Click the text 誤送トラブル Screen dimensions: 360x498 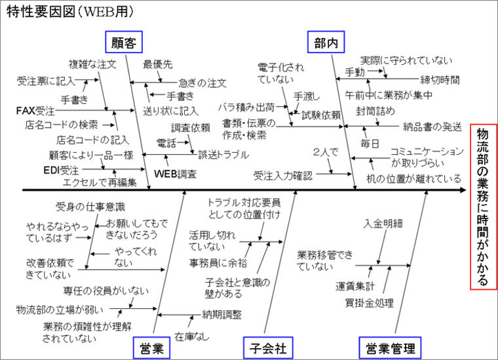(223, 155)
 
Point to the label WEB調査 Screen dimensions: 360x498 (175, 174)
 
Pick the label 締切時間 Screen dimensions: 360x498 (440, 79)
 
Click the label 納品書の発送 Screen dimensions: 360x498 (432, 126)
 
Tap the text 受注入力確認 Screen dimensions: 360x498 (283, 175)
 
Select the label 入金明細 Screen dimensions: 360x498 (383, 224)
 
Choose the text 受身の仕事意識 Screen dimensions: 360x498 (90, 206)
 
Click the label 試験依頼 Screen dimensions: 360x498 (321, 114)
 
